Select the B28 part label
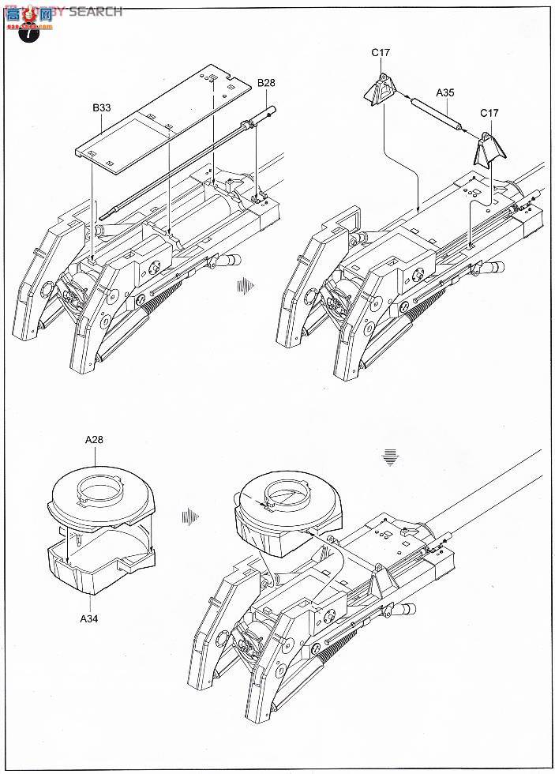tap(266, 83)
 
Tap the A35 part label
tap(445, 92)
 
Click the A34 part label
tap(89, 618)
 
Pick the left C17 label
tap(381, 54)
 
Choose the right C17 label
tap(489, 113)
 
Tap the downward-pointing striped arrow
tap(388, 457)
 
